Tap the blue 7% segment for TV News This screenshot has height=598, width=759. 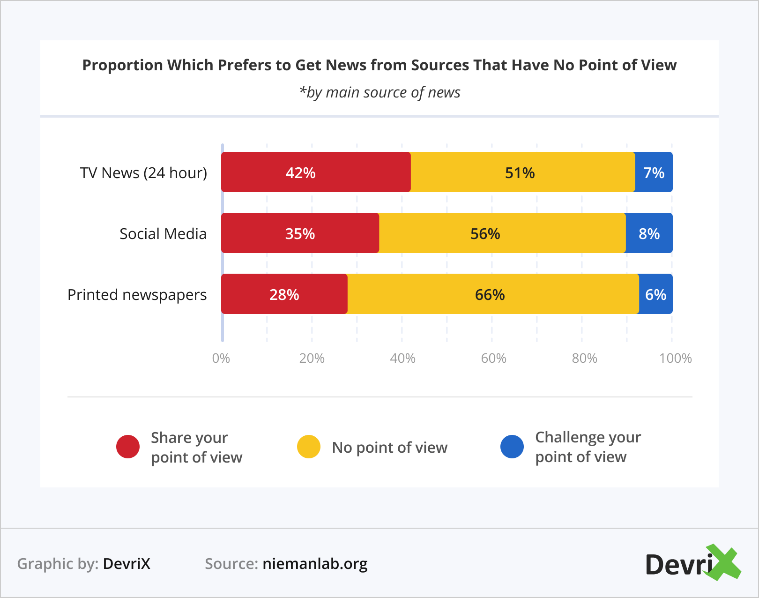click(x=654, y=172)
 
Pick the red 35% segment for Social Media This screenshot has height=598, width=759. click(x=300, y=233)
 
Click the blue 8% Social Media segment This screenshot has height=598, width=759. click(x=649, y=233)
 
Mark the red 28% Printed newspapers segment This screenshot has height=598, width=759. click(x=284, y=294)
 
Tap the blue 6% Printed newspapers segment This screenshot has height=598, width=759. click(x=655, y=294)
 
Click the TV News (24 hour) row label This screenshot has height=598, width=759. click(x=143, y=173)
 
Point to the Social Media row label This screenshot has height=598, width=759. click(x=163, y=233)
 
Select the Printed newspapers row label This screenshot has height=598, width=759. click(x=137, y=295)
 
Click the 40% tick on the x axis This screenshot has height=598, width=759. click(x=403, y=358)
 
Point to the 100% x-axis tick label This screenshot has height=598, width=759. click(x=675, y=358)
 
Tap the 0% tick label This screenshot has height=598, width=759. click(x=221, y=358)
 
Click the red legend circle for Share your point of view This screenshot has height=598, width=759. click(x=128, y=447)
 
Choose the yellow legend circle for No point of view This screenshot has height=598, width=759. click(x=309, y=447)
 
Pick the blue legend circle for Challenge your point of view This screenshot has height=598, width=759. click(x=512, y=447)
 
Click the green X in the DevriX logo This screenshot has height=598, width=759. click(x=723, y=562)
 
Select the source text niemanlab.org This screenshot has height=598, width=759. click(x=315, y=563)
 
